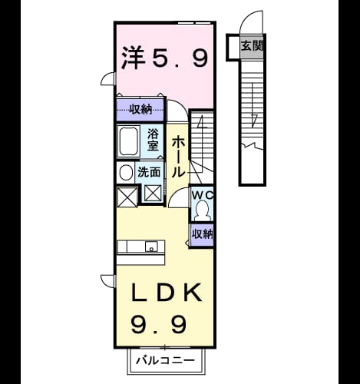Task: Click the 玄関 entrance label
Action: [252, 46]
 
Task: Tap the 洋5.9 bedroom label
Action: [164, 58]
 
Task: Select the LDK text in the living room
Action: [166, 293]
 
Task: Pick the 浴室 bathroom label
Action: [153, 140]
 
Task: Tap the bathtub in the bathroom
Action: [129, 141]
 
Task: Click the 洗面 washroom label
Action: [149, 172]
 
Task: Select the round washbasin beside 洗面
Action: [126, 172]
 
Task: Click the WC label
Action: [203, 195]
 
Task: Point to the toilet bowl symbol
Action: [203, 210]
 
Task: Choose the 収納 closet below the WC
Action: [203, 233]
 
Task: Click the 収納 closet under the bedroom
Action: [140, 110]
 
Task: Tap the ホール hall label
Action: [178, 157]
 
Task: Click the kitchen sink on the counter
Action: [151, 247]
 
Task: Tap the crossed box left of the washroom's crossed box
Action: [127, 197]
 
